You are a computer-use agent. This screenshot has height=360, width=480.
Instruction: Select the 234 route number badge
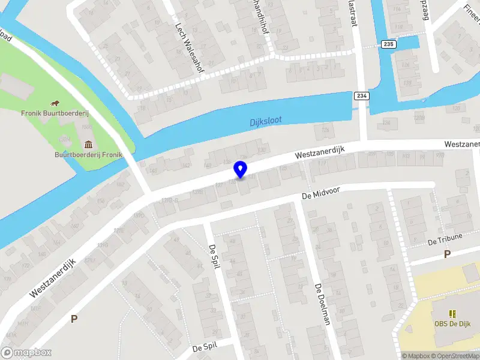[x=361, y=96]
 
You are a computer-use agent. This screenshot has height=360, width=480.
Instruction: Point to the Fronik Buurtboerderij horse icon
[x=55, y=103]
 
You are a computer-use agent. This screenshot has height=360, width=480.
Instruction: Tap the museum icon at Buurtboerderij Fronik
[x=89, y=144]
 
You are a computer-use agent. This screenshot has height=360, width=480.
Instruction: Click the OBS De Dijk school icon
[x=452, y=313]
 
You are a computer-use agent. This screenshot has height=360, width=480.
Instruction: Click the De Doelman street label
[x=323, y=303]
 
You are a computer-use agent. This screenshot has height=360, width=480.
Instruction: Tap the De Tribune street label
[x=445, y=239]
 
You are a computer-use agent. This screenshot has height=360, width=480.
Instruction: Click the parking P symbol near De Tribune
[x=446, y=254]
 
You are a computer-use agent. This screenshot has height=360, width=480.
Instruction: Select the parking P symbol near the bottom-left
[x=74, y=319]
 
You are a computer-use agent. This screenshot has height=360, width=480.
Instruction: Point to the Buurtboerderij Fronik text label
[x=89, y=154]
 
